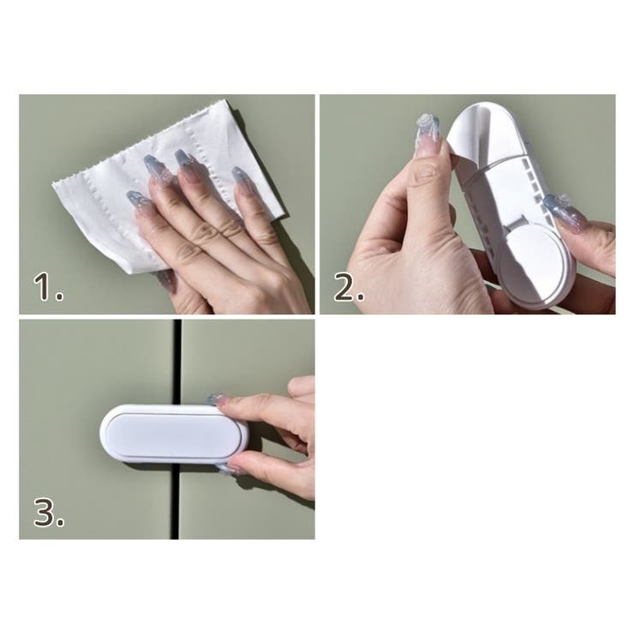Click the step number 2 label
click(x=349, y=287)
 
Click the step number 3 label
click(x=49, y=511)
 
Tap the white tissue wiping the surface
click(x=162, y=182)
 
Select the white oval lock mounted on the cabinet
click(x=174, y=434)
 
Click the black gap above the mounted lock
click(x=176, y=362)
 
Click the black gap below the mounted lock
click(x=175, y=500)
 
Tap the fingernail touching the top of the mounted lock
click(x=215, y=399)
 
